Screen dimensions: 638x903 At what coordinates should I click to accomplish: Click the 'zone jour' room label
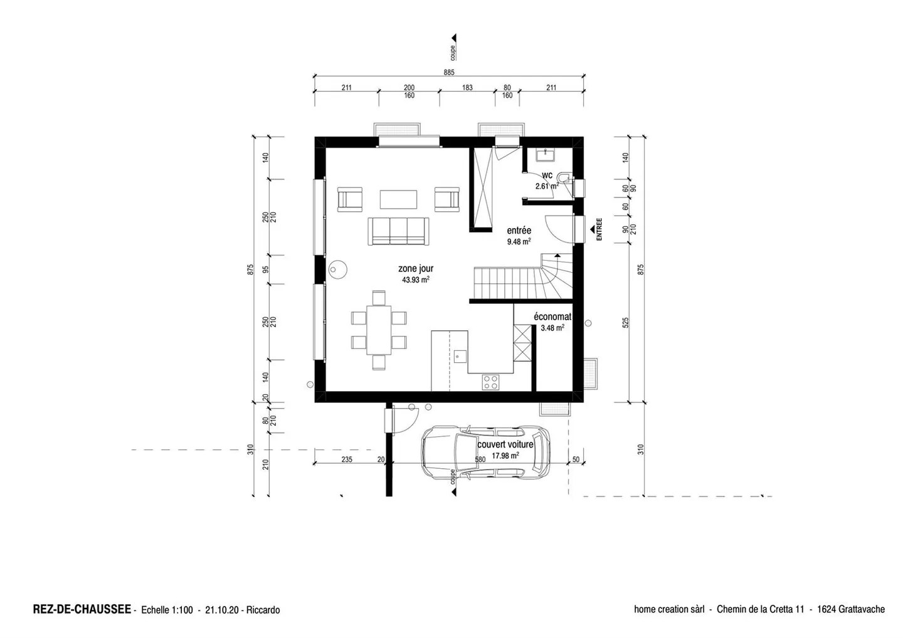pyautogui.click(x=416, y=269)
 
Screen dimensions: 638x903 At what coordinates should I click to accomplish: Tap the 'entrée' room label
pyautogui.click(x=519, y=231)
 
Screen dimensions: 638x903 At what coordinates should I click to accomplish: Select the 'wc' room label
pyautogui.click(x=547, y=175)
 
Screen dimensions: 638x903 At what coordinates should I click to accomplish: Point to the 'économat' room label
pyautogui.click(x=552, y=317)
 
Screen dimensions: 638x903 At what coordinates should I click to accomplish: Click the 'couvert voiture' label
pyautogui.click(x=505, y=444)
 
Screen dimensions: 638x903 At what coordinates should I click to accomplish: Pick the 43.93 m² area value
pyautogui.click(x=415, y=280)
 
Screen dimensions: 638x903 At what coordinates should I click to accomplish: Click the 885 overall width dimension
pyautogui.click(x=448, y=73)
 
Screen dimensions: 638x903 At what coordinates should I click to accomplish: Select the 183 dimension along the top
pyautogui.click(x=467, y=88)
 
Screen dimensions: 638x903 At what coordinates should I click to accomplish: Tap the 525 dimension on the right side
pyautogui.click(x=625, y=322)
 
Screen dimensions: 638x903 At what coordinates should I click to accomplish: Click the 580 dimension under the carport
pyautogui.click(x=480, y=459)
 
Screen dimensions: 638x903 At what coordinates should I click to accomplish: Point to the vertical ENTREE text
pyautogui.click(x=599, y=229)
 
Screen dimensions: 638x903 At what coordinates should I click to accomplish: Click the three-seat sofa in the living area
pyautogui.click(x=398, y=231)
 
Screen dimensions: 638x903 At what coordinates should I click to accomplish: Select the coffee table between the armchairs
pyautogui.click(x=398, y=199)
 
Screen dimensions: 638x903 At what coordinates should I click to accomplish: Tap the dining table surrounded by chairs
pyautogui.click(x=379, y=330)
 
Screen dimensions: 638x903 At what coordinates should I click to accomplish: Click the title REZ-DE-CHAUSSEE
pyautogui.click(x=82, y=609)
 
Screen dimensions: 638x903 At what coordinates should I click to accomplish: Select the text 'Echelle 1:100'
pyautogui.click(x=167, y=610)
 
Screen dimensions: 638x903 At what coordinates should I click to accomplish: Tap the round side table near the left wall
pyautogui.click(x=339, y=269)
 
